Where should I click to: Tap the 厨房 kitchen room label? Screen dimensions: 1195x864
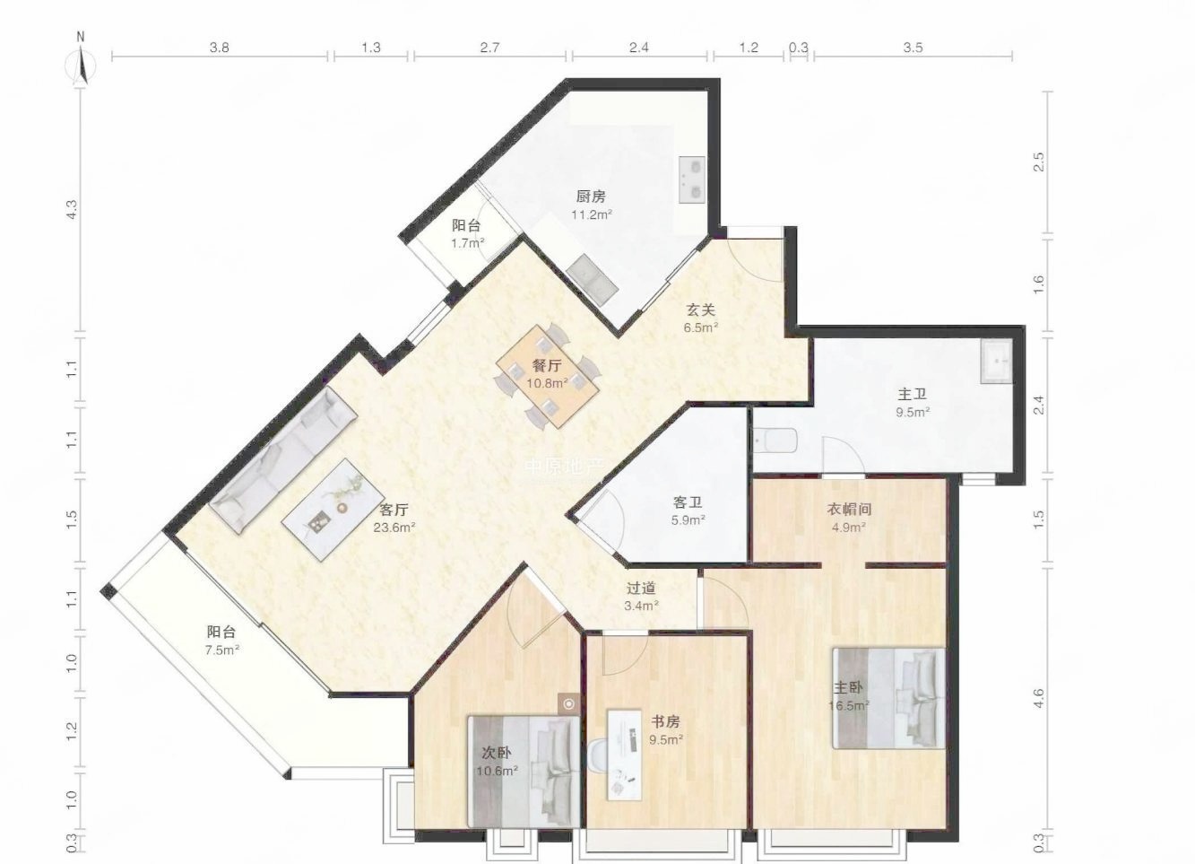591,196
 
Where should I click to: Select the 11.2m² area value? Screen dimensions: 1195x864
592,214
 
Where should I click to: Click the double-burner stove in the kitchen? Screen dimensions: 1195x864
691,179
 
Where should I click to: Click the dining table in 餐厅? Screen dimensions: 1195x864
548,376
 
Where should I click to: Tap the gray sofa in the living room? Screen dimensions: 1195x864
282,459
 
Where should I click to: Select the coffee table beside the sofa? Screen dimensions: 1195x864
333,509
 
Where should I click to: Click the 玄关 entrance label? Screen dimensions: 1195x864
700,310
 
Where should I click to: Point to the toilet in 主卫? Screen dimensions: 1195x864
775,440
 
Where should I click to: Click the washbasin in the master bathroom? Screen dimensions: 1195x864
996,361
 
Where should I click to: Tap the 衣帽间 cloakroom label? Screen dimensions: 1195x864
849,509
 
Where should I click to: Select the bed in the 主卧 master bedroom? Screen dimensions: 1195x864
888,698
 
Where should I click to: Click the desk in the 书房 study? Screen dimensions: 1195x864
624,755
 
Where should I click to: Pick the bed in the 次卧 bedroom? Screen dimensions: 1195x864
524,772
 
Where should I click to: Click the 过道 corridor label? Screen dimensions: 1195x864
641,588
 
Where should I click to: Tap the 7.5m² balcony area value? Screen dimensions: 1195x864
222,650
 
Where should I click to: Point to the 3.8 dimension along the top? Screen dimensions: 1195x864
220,48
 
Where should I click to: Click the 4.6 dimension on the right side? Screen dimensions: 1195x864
1038,698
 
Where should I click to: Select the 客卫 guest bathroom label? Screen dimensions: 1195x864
688,502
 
